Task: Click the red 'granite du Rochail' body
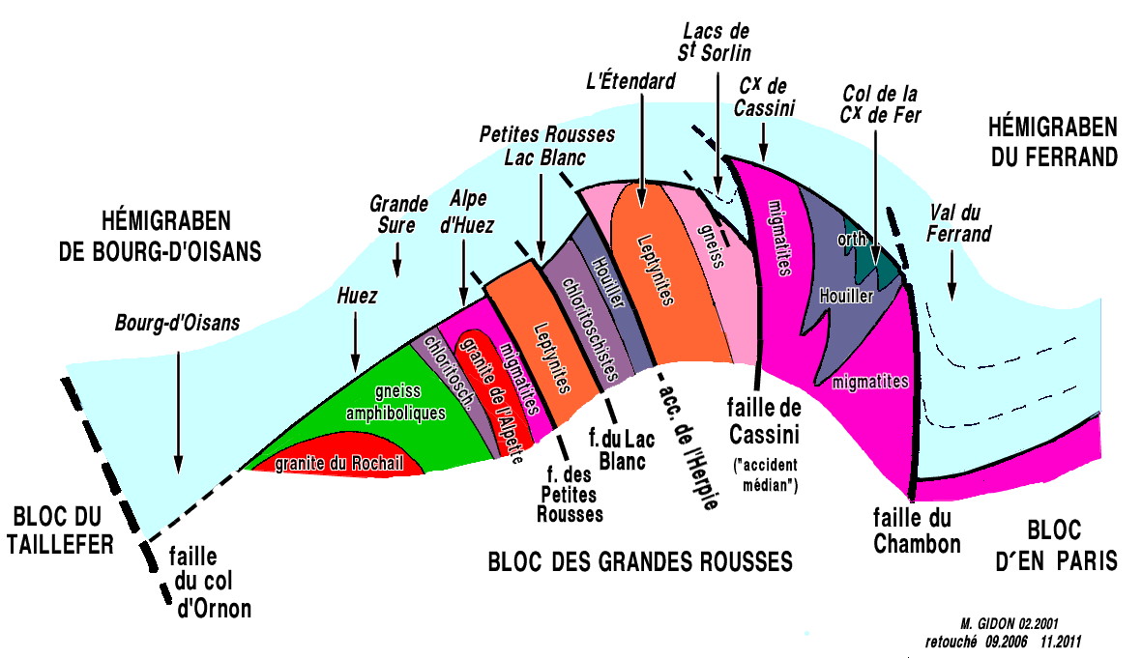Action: point(338,463)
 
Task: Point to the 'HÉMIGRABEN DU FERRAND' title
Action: point(1053,141)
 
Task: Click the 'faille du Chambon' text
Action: point(917,530)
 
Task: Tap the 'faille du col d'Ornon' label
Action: point(209,583)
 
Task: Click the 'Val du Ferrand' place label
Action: point(959,223)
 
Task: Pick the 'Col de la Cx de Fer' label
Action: point(880,105)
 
